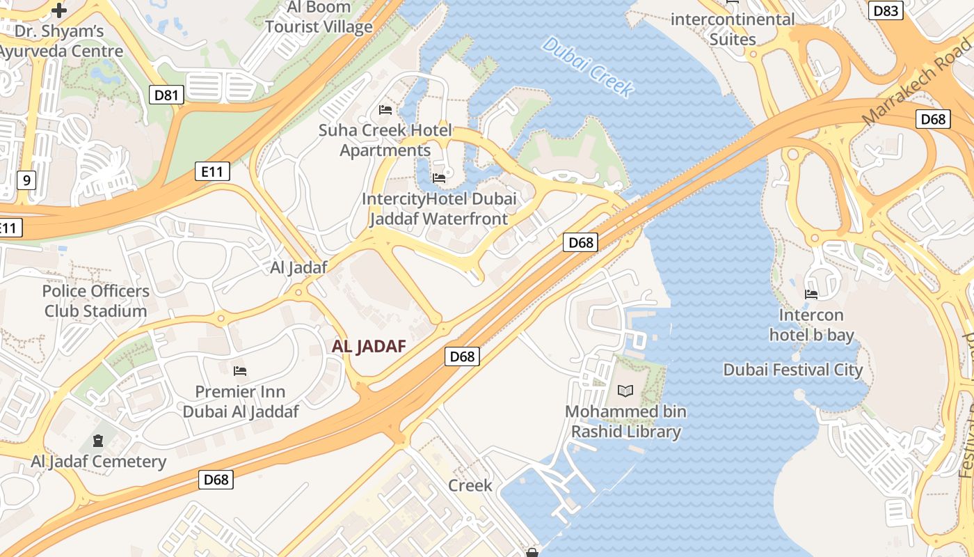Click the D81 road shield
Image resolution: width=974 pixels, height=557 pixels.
[166, 95]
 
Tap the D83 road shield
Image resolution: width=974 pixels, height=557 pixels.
[886, 10]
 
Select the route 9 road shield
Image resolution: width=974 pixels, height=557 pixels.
[26, 180]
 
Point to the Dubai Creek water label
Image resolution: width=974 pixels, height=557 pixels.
[588, 67]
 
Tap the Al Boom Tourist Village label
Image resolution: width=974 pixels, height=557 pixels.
[319, 18]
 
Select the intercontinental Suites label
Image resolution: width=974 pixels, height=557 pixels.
[732, 29]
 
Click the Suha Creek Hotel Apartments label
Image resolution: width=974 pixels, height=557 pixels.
[385, 140]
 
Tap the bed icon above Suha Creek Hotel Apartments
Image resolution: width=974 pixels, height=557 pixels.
[385, 110]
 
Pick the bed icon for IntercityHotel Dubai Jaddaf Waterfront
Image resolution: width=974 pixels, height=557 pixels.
[439, 178]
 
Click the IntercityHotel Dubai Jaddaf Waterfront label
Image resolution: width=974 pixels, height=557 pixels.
[439, 209]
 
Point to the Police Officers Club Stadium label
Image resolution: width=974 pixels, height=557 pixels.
[96, 301]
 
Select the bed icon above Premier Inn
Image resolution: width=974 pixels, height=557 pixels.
[240, 371]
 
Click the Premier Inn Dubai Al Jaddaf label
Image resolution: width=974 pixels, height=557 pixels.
[241, 402]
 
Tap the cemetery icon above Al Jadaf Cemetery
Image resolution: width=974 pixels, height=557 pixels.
[98, 441]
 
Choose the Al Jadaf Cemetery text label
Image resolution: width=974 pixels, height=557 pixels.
[99, 462]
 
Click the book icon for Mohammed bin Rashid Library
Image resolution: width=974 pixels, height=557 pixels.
[625, 391]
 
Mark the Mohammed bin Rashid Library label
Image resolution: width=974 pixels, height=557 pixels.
[625, 421]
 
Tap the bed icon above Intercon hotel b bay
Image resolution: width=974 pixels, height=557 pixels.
[811, 295]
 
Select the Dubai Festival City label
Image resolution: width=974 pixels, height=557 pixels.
[793, 370]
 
